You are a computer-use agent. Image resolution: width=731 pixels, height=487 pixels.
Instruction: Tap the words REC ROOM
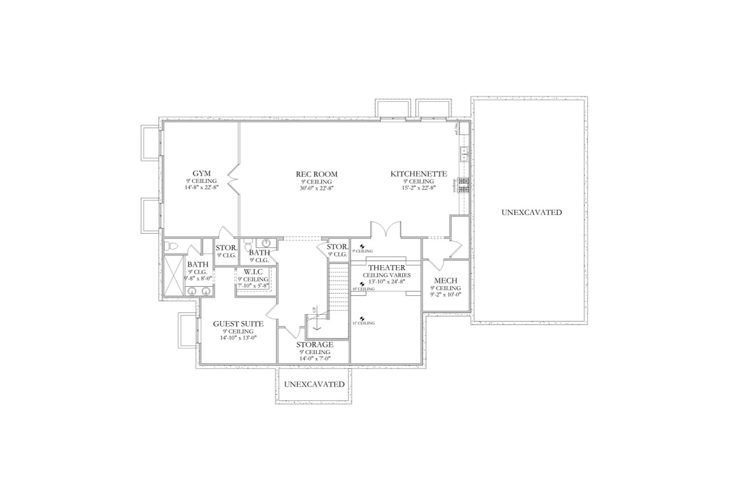(x=316, y=174)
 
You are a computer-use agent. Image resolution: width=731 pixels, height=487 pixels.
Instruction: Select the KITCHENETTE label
(x=419, y=174)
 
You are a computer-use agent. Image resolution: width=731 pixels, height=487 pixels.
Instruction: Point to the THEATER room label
(x=387, y=267)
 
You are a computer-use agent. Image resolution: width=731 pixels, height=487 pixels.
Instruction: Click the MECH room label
(x=445, y=281)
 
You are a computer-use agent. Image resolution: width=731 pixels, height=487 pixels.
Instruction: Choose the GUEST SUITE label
(x=238, y=324)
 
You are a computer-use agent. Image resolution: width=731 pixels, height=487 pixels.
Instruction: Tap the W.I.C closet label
(x=253, y=271)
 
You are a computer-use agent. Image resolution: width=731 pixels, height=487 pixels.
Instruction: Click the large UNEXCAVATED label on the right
(x=531, y=212)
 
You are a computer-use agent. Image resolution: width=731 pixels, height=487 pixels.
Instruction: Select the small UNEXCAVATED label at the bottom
(x=314, y=384)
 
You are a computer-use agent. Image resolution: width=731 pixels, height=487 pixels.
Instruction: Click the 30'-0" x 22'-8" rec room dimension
(x=316, y=188)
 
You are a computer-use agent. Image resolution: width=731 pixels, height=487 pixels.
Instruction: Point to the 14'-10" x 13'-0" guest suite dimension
(x=238, y=338)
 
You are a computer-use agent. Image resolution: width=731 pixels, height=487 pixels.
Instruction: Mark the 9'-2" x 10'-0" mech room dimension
(x=445, y=295)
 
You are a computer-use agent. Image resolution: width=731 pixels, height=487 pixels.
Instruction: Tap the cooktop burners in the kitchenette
(x=464, y=185)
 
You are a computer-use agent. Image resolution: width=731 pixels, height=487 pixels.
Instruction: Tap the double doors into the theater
(x=387, y=230)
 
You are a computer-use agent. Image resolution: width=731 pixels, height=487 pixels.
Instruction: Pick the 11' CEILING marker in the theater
(x=363, y=321)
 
